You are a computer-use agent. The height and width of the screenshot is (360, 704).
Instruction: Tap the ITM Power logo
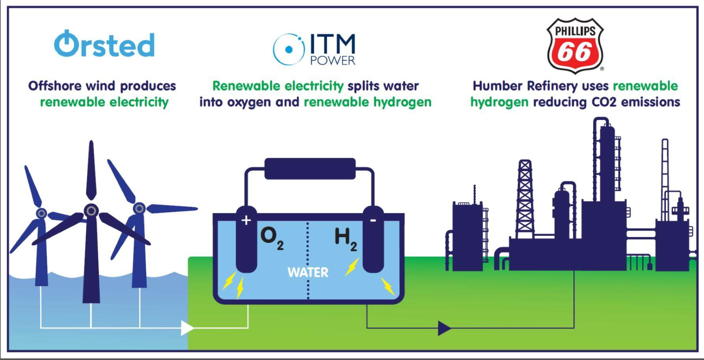(314, 49)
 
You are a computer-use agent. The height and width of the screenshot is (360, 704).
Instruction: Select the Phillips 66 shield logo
(575, 45)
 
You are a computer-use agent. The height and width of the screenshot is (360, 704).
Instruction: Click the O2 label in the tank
(272, 238)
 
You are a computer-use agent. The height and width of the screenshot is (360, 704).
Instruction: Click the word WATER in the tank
(307, 272)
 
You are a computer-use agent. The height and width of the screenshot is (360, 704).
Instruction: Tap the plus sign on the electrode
(246, 220)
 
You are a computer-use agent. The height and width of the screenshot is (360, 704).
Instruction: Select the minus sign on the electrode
(373, 220)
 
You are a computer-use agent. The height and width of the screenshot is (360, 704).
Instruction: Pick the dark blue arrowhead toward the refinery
(444, 328)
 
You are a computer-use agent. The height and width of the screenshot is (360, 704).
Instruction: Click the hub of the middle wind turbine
(91, 211)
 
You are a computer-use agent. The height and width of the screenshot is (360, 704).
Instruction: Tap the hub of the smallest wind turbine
(41, 213)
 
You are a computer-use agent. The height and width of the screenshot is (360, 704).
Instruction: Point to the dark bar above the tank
(310, 169)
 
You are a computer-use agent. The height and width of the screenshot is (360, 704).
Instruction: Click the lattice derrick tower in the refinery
(525, 197)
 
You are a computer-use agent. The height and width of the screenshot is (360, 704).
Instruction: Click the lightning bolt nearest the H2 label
(352, 267)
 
